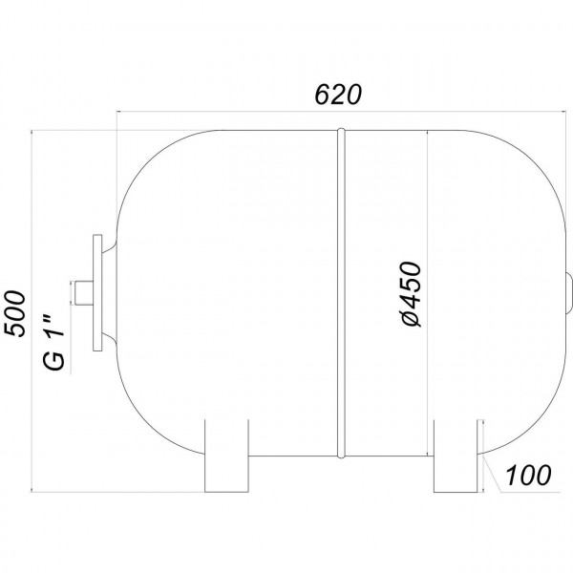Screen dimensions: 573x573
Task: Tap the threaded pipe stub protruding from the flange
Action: coord(83,293)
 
